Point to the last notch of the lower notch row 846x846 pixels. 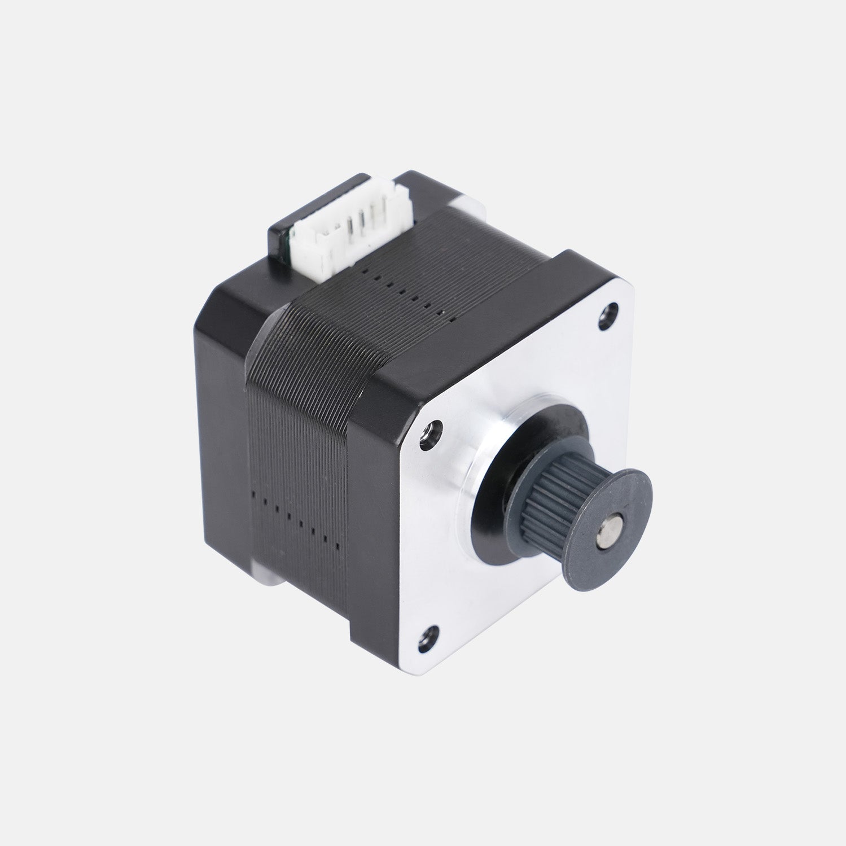coord(337,546)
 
